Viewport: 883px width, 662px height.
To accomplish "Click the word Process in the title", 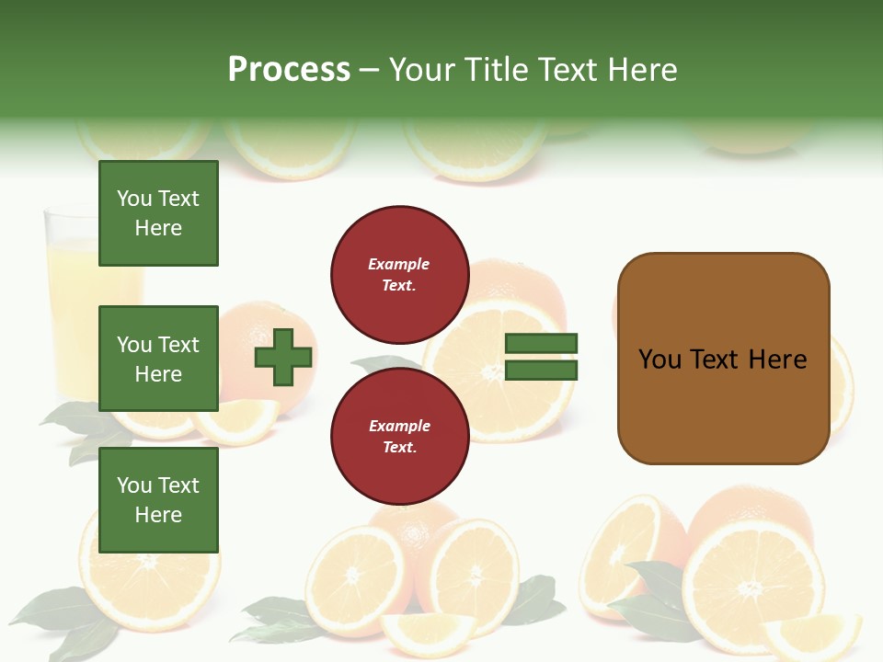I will tap(289, 70).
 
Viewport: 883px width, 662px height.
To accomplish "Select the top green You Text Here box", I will tap(158, 213).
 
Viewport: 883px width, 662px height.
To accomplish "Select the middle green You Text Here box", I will tap(158, 359).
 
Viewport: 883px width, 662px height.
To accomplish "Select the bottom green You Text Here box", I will tap(158, 500).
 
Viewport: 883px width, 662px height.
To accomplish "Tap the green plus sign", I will tap(283, 357).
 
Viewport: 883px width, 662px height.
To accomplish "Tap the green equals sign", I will tap(541, 357).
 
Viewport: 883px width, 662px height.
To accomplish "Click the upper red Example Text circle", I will tap(399, 275).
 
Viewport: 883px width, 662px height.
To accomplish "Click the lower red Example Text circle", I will tap(399, 437).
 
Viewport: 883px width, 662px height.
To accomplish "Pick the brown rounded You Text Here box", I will tap(723, 359).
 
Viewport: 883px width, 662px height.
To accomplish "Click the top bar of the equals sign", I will tap(541, 344).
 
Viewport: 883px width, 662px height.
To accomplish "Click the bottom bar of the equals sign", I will tap(541, 371).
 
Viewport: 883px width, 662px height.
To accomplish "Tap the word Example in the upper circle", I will tap(399, 264).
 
